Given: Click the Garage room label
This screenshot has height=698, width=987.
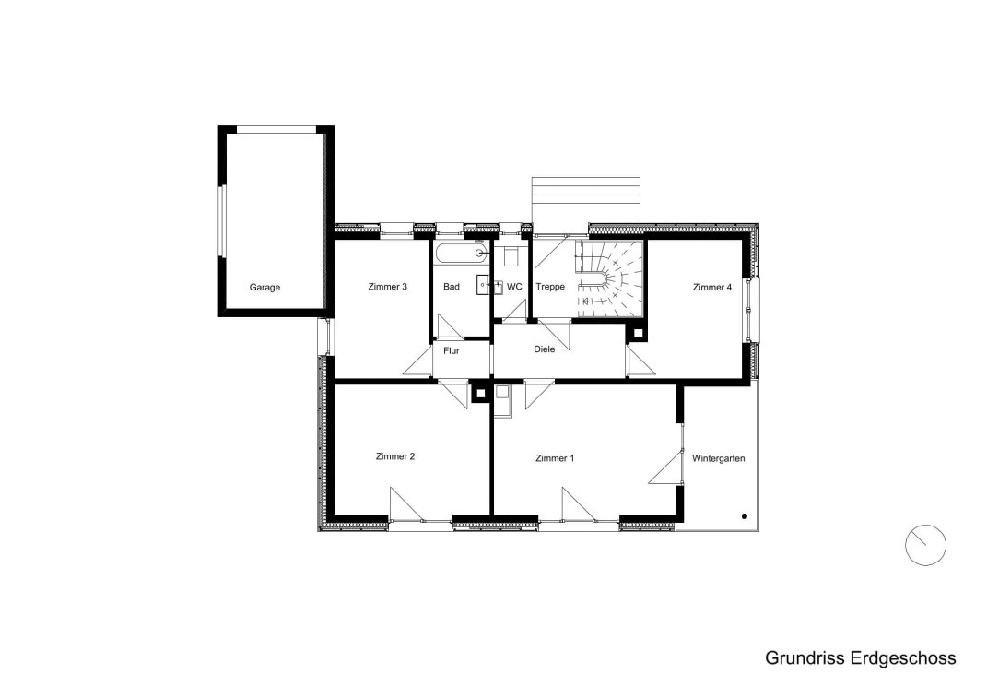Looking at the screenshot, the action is click(264, 288).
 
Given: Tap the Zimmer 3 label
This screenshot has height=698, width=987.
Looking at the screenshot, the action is click(387, 287).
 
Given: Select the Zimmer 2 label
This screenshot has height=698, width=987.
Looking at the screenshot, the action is click(394, 456).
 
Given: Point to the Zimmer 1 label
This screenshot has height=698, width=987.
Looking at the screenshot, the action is click(555, 458).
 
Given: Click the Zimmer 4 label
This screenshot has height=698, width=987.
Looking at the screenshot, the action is click(712, 288).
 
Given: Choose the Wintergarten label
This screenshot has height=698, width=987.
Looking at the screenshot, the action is click(718, 458).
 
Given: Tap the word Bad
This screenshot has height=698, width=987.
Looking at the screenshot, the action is click(452, 287).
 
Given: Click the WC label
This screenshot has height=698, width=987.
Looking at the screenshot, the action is click(514, 287).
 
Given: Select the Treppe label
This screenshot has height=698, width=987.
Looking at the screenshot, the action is click(550, 287).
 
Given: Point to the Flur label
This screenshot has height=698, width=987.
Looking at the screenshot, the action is click(452, 351).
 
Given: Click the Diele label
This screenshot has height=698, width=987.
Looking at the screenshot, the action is click(545, 349).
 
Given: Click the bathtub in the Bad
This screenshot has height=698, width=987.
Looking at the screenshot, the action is click(461, 253).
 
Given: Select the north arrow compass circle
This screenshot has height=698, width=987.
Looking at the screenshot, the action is click(925, 545).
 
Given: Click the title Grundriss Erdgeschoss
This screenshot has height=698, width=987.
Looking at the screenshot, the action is click(861, 658).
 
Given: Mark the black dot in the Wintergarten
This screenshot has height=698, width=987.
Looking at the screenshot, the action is click(745, 516).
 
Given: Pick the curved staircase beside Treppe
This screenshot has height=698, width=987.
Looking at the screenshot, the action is click(608, 278).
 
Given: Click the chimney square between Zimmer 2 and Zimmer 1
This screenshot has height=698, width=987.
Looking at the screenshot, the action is click(480, 393).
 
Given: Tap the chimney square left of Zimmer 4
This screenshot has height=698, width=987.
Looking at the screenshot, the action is click(638, 333).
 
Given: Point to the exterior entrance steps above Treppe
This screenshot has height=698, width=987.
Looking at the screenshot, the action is click(586, 200).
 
